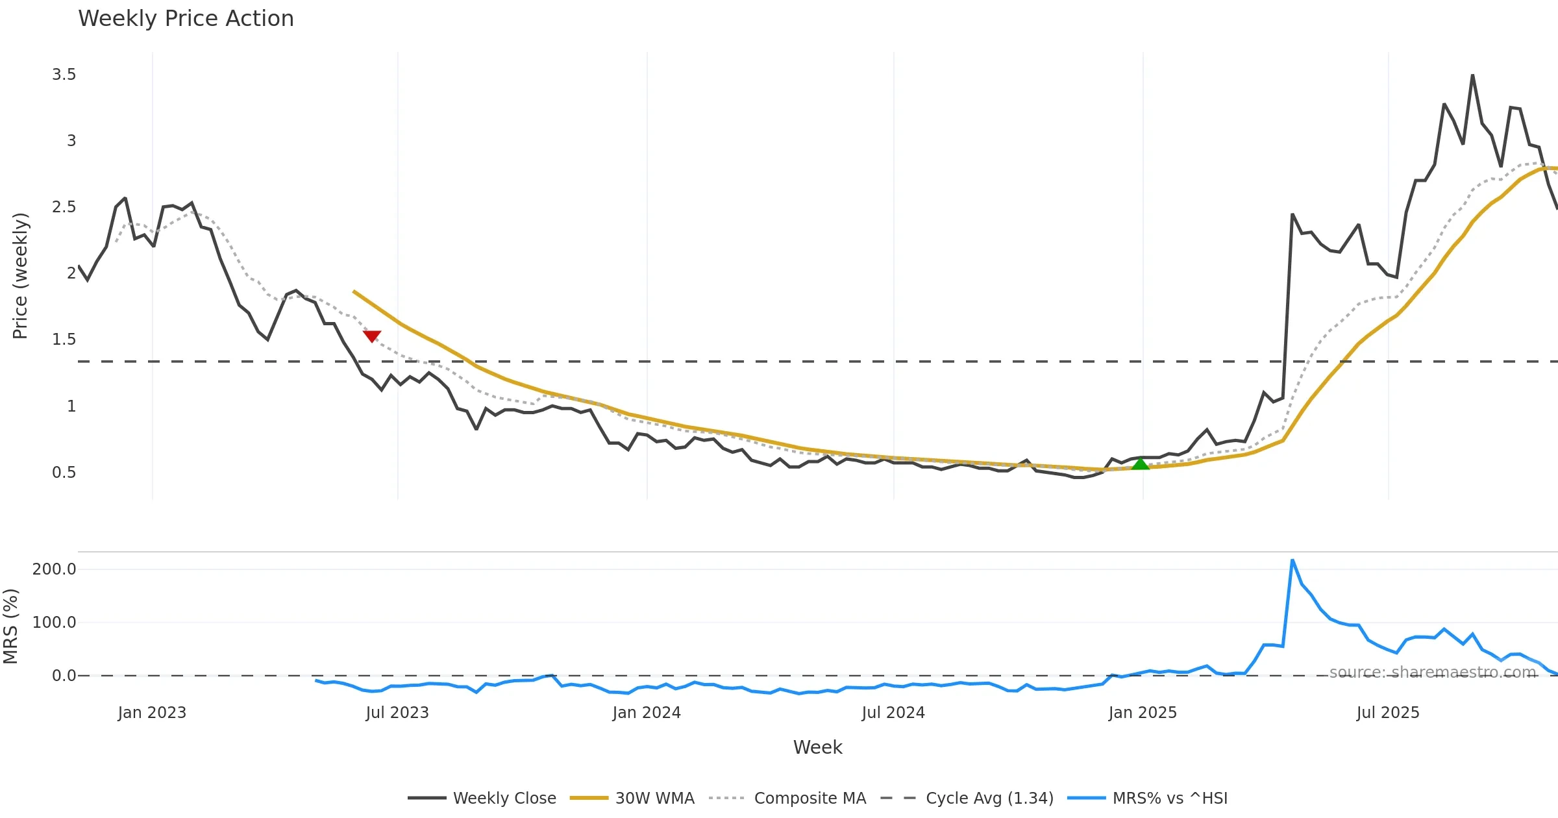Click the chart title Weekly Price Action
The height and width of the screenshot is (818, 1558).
pyautogui.click(x=186, y=19)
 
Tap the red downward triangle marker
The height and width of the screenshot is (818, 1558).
pyautogui.click(x=372, y=336)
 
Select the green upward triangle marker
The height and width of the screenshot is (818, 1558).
pyautogui.click(x=1140, y=464)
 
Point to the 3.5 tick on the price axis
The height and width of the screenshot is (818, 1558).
pyautogui.click(x=64, y=75)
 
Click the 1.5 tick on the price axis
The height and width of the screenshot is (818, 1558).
pyautogui.click(x=64, y=340)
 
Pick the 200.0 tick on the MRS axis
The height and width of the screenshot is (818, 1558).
pyautogui.click(x=54, y=569)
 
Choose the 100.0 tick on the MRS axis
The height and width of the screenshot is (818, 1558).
pyautogui.click(x=54, y=623)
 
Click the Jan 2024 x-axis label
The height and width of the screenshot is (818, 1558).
pyautogui.click(x=646, y=713)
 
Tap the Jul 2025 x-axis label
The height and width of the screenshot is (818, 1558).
pyautogui.click(x=1387, y=713)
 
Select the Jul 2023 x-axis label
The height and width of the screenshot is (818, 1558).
pyautogui.click(x=397, y=713)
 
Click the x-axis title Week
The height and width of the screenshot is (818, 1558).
pyautogui.click(x=817, y=747)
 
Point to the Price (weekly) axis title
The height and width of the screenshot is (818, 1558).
pyautogui.click(x=20, y=276)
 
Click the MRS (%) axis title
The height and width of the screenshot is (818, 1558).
pyautogui.click(x=10, y=626)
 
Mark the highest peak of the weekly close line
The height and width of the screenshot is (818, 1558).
pyautogui.click(x=1472, y=76)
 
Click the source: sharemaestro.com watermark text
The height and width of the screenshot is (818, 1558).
pyautogui.click(x=1432, y=673)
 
